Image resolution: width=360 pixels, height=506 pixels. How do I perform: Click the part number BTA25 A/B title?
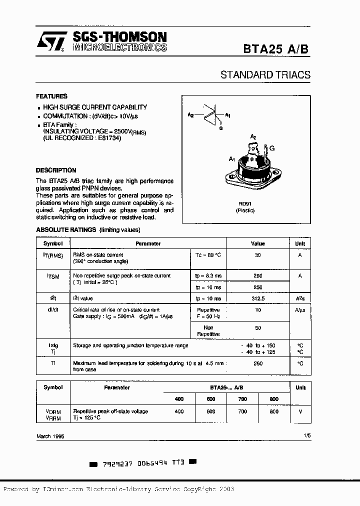(x=276, y=48)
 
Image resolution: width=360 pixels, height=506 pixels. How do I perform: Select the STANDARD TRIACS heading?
(x=265, y=75)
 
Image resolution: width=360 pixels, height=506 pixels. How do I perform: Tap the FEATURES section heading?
(x=51, y=96)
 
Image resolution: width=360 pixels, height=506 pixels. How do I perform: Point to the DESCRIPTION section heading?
(x=56, y=170)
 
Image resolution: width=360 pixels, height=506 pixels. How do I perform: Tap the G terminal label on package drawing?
(x=272, y=148)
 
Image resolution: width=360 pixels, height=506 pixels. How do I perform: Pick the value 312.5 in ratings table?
(x=258, y=298)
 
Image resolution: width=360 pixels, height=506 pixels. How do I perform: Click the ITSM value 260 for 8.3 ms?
(x=258, y=275)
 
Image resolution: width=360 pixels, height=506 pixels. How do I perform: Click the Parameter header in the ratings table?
(x=148, y=243)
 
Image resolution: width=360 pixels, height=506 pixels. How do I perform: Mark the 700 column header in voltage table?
(x=242, y=399)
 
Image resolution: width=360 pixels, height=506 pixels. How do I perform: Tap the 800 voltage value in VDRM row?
(x=274, y=411)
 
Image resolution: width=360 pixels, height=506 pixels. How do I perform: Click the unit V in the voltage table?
(x=300, y=411)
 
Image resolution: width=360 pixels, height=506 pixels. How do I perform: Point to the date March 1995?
(x=50, y=436)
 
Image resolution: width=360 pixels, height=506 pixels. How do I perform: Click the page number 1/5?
(x=306, y=436)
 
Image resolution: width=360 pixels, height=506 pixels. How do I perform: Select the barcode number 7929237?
(x=118, y=463)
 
